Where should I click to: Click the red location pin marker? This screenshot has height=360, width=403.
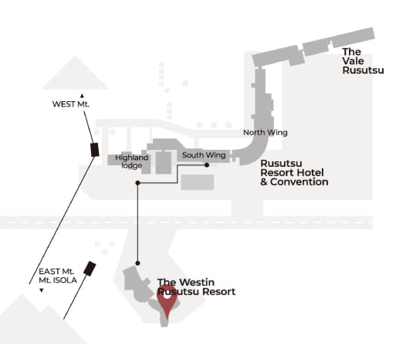click(x=167, y=300)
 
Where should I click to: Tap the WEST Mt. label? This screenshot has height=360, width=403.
click(x=71, y=104)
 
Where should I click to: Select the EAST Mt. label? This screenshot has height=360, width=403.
click(x=56, y=271)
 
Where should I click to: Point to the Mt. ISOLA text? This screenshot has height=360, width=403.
click(x=58, y=280)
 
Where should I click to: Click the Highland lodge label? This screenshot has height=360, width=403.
click(x=131, y=161)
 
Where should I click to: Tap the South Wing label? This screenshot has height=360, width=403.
click(x=204, y=155)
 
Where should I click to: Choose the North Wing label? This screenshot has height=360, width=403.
click(x=266, y=133)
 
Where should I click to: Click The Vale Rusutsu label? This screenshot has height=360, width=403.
click(x=363, y=61)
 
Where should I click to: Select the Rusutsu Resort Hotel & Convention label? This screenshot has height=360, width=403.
click(x=294, y=172)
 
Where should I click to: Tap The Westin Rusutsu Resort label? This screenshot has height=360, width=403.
click(x=196, y=287)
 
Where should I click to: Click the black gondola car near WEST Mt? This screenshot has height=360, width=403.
click(x=95, y=150)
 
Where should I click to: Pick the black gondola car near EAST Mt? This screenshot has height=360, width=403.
click(x=90, y=269)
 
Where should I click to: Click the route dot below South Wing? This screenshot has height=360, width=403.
click(x=207, y=165)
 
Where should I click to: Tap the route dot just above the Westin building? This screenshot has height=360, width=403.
click(x=137, y=263)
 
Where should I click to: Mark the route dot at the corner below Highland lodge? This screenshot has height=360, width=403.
click(x=137, y=183)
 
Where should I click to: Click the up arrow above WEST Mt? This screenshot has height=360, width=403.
click(x=82, y=96)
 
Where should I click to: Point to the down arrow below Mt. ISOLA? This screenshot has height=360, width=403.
click(x=41, y=290)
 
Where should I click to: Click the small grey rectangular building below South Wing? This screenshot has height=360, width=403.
click(x=198, y=182)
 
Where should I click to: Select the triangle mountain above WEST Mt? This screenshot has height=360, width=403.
click(x=76, y=73)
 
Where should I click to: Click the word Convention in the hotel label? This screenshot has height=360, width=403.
click(x=299, y=182)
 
